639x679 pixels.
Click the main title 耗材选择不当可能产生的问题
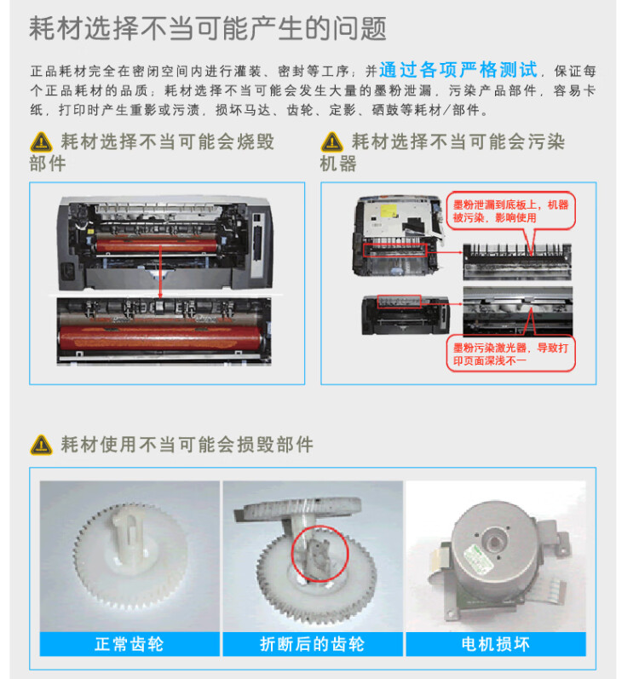[x=208, y=29]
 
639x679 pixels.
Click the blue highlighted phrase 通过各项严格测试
[x=458, y=70]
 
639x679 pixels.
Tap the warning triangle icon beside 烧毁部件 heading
[x=41, y=142]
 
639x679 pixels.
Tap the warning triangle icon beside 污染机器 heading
[x=331, y=142]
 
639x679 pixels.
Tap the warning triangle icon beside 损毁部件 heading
[x=41, y=445]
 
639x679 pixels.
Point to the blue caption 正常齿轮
[x=130, y=644]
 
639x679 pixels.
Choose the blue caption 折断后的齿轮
[x=312, y=644]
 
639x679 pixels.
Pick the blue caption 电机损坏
[x=495, y=644]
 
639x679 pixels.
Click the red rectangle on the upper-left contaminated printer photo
[x=394, y=250]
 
